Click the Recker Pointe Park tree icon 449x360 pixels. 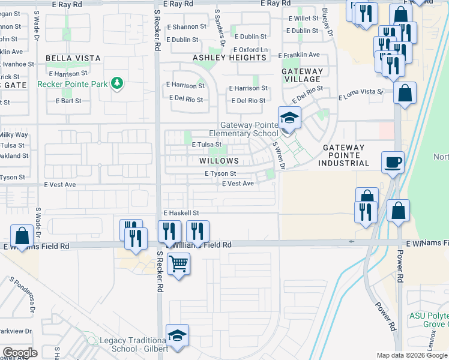pyautogui.click(x=118, y=83)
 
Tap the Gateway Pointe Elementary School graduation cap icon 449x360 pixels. pyautogui.click(x=289, y=118)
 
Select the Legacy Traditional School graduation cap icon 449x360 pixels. pyautogui.click(x=177, y=335)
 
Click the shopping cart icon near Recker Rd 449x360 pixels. pyautogui.click(x=178, y=263)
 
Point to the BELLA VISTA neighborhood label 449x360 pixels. pyautogui.click(x=71, y=59)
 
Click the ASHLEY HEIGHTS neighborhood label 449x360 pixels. pyautogui.click(x=229, y=58)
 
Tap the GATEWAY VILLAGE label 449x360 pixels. pyautogui.click(x=302, y=75)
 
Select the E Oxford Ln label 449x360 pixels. pyautogui.click(x=250, y=50)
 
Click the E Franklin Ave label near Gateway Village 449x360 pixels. pyautogui.click(x=299, y=55)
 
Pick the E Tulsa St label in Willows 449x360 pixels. pyautogui.click(x=206, y=145)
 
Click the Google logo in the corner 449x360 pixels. pyautogui.click(x=20, y=353)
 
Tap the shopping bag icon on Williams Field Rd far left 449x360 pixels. pyautogui.click(x=22, y=236)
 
